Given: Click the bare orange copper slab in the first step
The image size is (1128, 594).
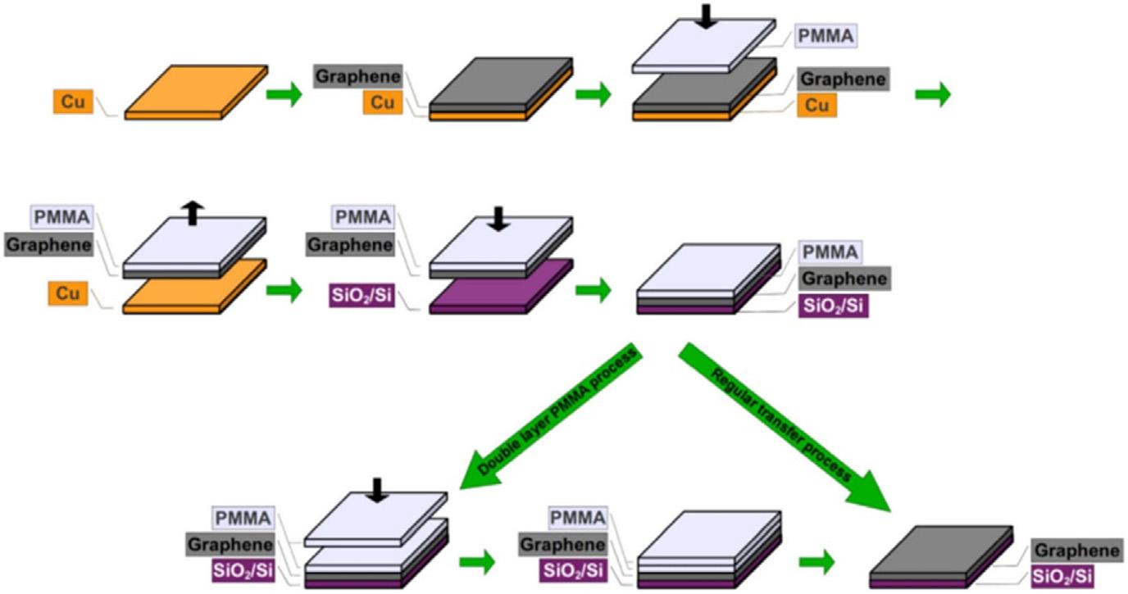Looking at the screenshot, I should tap(196, 93).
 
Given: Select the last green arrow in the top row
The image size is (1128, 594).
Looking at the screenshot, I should tap(933, 95).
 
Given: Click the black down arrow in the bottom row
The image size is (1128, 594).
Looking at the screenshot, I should tap(376, 489).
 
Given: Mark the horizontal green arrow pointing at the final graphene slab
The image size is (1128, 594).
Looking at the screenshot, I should tap(816, 562).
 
